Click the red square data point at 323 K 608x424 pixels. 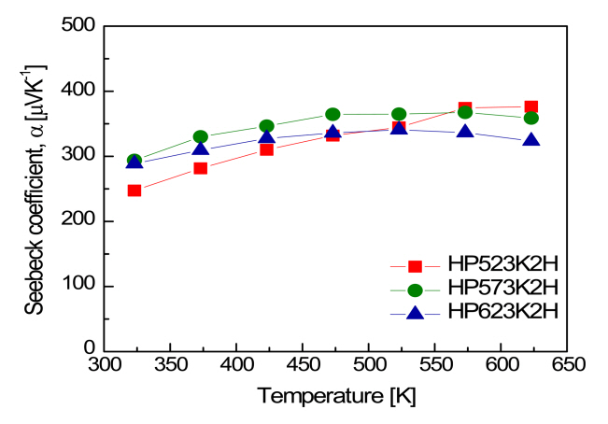[x=134, y=191]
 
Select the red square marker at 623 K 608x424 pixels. [x=530, y=106]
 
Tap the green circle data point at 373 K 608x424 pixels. [x=200, y=137]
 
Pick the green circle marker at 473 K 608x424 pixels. [x=332, y=114]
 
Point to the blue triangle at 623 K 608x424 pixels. [x=530, y=140]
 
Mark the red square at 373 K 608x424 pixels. [x=200, y=168]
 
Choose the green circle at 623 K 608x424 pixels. [x=530, y=119]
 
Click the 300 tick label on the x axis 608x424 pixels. [x=107, y=367]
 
